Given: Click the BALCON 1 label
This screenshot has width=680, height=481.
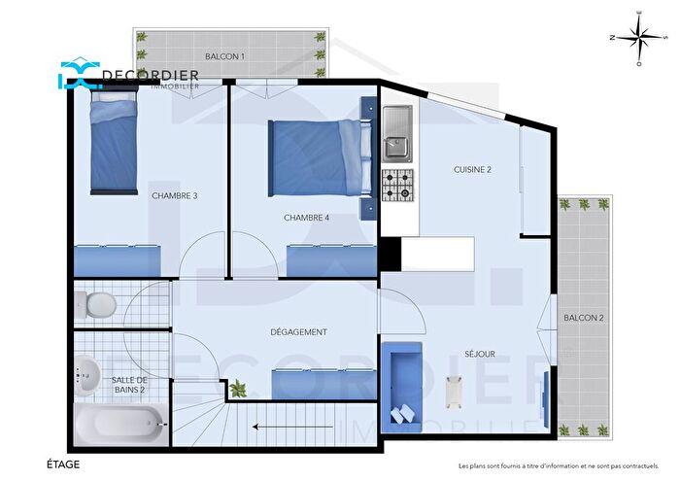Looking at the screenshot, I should point(225,57).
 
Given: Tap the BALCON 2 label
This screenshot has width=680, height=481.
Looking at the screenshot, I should point(584,318).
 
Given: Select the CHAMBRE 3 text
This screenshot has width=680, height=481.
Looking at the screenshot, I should point(175,195).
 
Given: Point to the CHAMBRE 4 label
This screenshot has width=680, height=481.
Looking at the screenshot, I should point(306,218).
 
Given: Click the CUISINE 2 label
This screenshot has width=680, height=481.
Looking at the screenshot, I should point(472,169).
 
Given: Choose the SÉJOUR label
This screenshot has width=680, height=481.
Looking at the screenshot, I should point(480,355).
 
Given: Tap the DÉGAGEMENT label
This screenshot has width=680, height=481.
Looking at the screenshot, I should point(298,332).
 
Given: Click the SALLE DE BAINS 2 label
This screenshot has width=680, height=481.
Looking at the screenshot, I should point(128,385).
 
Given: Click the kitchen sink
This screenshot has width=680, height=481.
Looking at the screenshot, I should point(396,133).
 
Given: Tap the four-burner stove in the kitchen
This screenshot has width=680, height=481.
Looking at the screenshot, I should point(396,185).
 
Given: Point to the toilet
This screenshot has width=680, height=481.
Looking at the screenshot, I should point(97,304).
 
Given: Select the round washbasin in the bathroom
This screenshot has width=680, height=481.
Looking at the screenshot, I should point(86,373).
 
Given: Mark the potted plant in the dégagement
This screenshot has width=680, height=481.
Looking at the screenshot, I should point(236,389).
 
